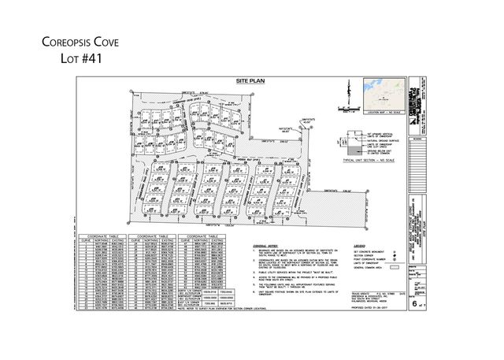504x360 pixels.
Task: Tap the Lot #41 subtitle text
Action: [82, 58]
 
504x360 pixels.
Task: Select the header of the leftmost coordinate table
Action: [108, 236]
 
